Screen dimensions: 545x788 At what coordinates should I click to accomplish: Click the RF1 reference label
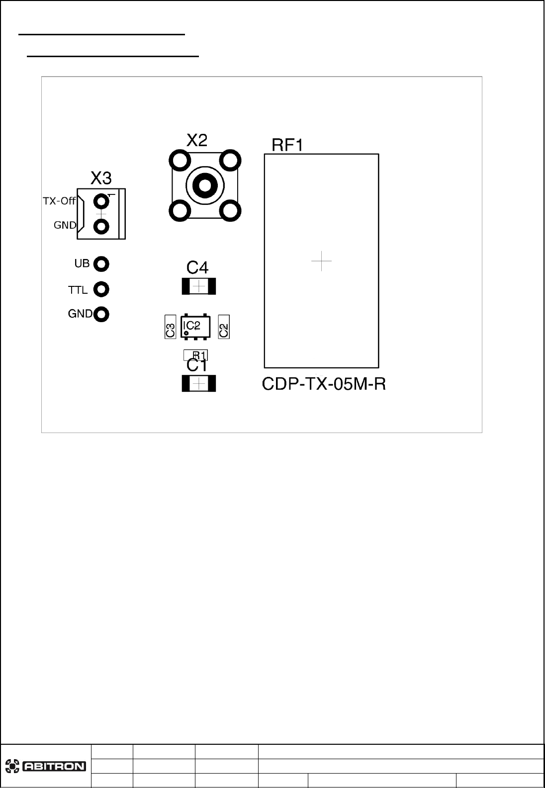tap(287, 145)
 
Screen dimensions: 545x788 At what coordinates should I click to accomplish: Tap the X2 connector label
tap(197, 140)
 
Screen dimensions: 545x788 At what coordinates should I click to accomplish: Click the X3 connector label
tap(101, 177)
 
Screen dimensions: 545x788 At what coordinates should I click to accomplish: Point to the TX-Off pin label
tap(59, 201)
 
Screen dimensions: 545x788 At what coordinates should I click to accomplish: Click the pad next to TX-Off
tap(101, 201)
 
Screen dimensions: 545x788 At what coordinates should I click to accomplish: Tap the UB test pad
tap(101, 264)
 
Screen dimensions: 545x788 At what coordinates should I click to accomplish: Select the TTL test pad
tap(101, 289)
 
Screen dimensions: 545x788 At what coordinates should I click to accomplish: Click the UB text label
tap(82, 263)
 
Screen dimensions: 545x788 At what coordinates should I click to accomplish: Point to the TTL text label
tap(78, 289)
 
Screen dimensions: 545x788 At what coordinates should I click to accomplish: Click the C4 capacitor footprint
tap(199, 286)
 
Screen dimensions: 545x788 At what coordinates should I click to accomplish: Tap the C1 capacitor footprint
tap(199, 384)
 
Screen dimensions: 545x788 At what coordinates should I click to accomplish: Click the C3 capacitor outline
tap(170, 327)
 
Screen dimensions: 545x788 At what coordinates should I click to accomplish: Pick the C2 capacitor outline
tap(224, 327)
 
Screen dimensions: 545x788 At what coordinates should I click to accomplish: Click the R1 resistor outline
tap(196, 355)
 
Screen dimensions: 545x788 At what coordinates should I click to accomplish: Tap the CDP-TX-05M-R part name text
tap(324, 384)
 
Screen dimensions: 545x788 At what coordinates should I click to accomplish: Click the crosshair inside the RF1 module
tap(321, 261)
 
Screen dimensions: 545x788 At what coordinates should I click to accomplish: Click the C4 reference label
tap(197, 268)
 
